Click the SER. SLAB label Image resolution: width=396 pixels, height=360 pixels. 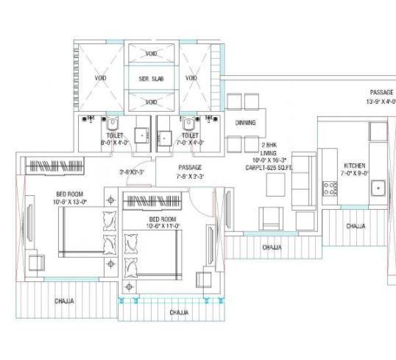coord(151,77)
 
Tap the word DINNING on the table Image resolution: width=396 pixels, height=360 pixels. coord(245,123)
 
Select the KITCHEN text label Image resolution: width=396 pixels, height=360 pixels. coord(350,166)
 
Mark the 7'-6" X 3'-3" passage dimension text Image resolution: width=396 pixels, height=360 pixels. coord(190,177)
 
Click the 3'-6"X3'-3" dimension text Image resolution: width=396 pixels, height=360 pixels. coord(132,172)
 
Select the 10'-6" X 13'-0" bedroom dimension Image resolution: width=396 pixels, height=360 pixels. coord(71,201)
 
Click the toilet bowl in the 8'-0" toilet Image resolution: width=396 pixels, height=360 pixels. coord(108,124)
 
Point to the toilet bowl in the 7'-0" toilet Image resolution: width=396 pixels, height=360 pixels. coord(189,124)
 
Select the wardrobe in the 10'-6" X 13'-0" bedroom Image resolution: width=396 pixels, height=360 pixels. coord(56,166)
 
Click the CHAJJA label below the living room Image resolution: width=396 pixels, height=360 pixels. coord(272,248)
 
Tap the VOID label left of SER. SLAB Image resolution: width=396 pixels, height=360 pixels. coord(100,77)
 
